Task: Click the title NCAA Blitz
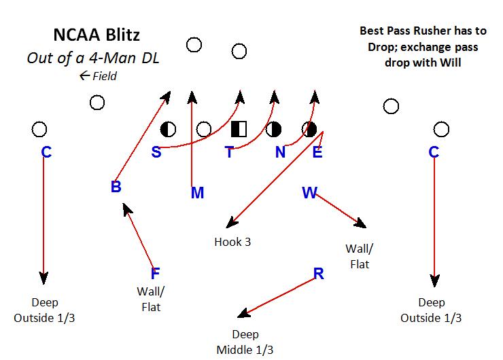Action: [x=97, y=34]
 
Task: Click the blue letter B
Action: [x=116, y=187]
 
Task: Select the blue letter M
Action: [x=197, y=194]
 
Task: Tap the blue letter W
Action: [x=309, y=194]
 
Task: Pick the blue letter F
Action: [x=155, y=274]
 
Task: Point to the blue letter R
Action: [x=318, y=274]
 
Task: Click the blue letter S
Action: [x=156, y=152]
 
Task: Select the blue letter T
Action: [x=230, y=152]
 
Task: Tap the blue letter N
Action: [x=280, y=152]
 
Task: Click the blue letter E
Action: [x=317, y=152]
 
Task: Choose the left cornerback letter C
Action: [x=46, y=152]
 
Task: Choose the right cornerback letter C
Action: [x=434, y=152]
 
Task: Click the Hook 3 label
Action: [x=232, y=242]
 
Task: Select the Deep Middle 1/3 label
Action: [x=246, y=342]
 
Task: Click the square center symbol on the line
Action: [x=239, y=128]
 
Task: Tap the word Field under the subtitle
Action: [x=104, y=76]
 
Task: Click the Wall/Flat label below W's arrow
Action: [x=360, y=256]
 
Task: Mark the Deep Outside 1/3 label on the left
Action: [x=45, y=310]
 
